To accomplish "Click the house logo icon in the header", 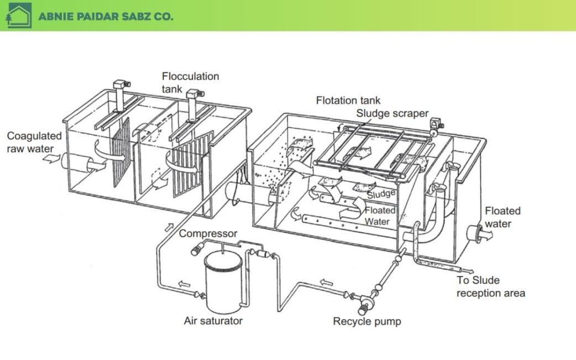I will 17,15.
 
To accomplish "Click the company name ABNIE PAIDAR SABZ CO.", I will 106,16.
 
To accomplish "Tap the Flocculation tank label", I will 190,82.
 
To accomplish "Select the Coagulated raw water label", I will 34,142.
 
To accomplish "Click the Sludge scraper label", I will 392,113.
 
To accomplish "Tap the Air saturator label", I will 213,320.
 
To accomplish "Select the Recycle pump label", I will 367,321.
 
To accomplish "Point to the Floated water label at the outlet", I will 502,217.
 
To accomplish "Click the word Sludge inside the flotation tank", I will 381,194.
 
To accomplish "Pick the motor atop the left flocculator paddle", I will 121,87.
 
